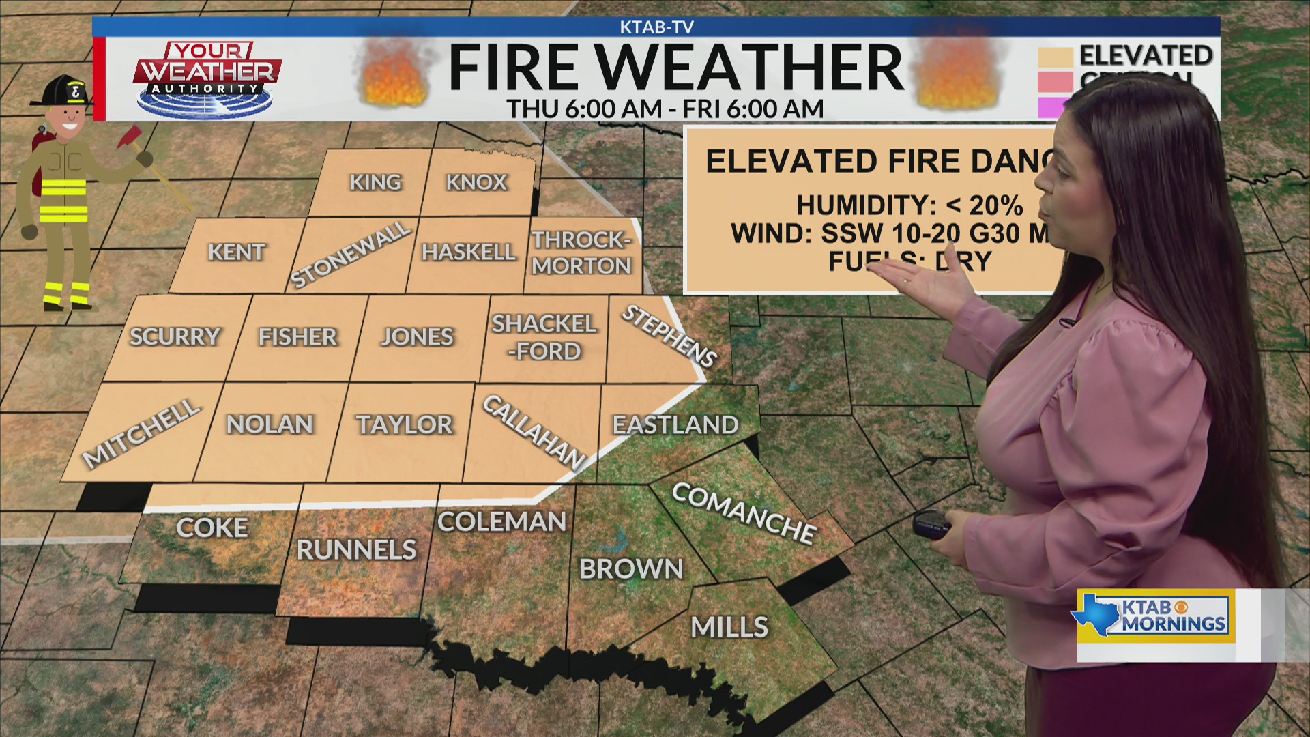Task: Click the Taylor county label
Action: pyautogui.click(x=405, y=425)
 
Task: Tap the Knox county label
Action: pyautogui.click(x=476, y=183)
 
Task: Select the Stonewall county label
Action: pyautogui.click(x=351, y=255)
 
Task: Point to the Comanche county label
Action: pyautogui.click(x=744, y=512)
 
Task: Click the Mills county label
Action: pyautogui.click(x=729, y=627)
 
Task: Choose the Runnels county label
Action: pyautogui.click(x=356, y=550)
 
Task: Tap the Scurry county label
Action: pyautogui.click(x=175, y=336)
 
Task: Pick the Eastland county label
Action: pyautogui.click(x=675, y=425)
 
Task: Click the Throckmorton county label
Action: pyautogui.click(x=581, y=252)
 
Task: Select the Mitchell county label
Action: pyautogui.click(x=141, y=435)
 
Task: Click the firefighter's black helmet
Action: pyautogui.click(x=63, y=91)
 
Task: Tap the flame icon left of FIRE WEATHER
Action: pyautogui.click(x=394, y=75)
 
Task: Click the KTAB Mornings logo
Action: pyautogui.click(x=1156, y=616)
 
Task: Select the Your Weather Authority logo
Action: pyautogui.click(x=207, y=79)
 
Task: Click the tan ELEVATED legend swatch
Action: pyautogui.click(x=1055, y=57)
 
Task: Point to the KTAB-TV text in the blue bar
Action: pyautogui.click(x=656, y=27)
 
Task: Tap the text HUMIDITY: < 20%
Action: pyautogui.click(x=909, y=205)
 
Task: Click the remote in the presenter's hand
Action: pyautogui.click(x=931, y=524)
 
